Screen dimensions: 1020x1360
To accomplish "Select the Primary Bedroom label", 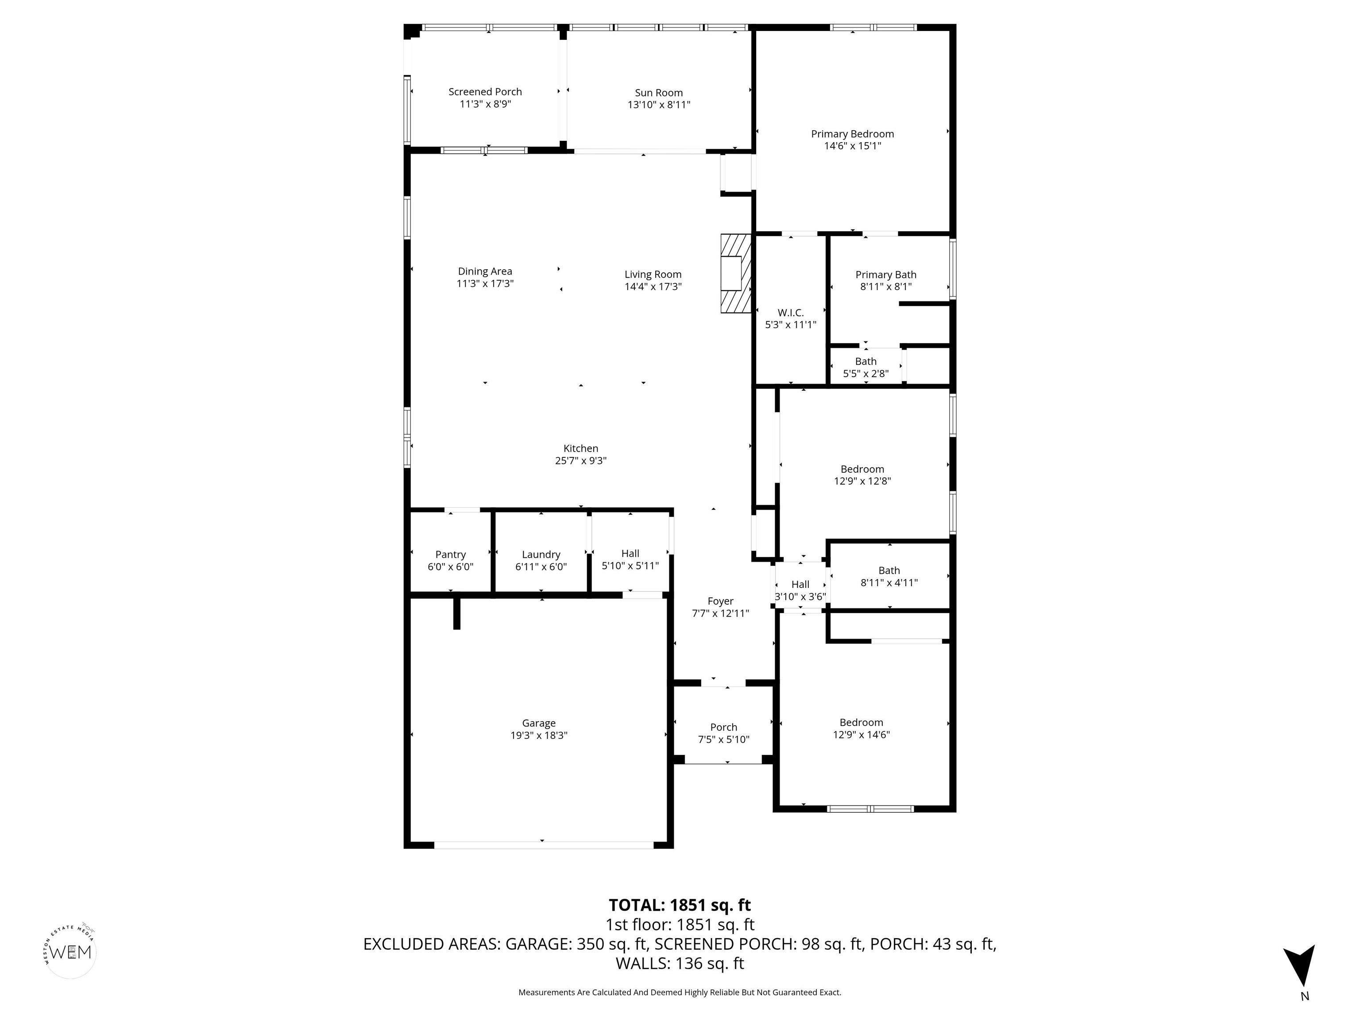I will (x=852, y=134).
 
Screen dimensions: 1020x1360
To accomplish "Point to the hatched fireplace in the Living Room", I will (x=735, y=273).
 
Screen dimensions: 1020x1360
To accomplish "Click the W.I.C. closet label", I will (x=790, y=313).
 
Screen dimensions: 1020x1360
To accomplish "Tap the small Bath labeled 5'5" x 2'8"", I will (x=865, y=367).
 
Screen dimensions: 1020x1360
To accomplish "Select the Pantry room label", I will (x=450, y=555).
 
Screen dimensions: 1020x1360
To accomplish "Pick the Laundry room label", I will (x=541, y=555).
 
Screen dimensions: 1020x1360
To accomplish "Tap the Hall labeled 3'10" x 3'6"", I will (x=800, y=590).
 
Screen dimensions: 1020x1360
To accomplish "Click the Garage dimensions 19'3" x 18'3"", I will (x=539, y=735).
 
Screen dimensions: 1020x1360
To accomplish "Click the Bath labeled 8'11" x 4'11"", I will (x=889, y=576).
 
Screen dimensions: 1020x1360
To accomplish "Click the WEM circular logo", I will (x=71, y=952).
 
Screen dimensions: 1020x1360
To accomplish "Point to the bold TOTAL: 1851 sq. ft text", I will (x=680, y=905).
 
